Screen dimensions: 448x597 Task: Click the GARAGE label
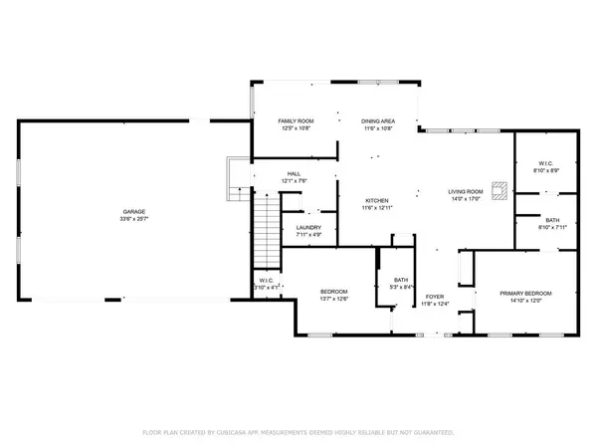click(135, 211)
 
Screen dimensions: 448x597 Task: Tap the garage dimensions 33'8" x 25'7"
click(135, 219)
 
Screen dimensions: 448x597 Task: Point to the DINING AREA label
click(378, 120)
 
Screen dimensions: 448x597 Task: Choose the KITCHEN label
click(376, 199)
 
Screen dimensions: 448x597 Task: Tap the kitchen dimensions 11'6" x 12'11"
click(376, 207)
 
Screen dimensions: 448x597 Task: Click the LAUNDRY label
click(308, 228)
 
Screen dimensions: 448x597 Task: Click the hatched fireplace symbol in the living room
click(504, 186)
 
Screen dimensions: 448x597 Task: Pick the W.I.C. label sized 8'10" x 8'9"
click(545, 163)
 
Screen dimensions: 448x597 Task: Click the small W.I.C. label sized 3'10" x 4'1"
click(266, 281)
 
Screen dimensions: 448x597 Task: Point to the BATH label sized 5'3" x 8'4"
click(401, 280)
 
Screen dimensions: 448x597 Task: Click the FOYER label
click(435, 297)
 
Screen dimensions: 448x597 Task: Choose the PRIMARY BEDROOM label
click(525, 293)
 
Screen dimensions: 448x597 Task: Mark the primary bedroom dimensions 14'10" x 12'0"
click(525, 301)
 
